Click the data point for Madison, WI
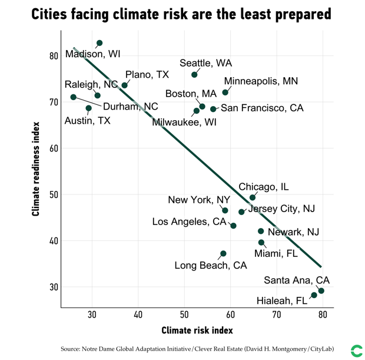click(x=99, y=43)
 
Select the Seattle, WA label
click(x=205, y=63)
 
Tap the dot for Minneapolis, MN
click(x=225, y=93)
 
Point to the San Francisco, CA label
click(x=262, y=108)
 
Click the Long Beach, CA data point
click(x=223, y=254)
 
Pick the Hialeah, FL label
click(x=282, y=301)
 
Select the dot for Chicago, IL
click(x=253, y=198)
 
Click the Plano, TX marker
click(x=125, y=85)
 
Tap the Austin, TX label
click(x=87, y=121)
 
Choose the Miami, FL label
click(x=276, y=254)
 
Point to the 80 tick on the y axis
click(x=54, y=56)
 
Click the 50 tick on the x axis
click(x=184, y=315)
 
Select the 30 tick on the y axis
click(x=54, y=287)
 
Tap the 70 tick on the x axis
click(x=276, y=315)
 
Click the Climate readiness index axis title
click(x=36, y=169)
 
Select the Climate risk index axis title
click(x=197, y=330)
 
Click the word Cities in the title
click(x=54, y=14)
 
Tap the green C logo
click(x=356, y=351)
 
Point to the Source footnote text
click(x=197, y=349)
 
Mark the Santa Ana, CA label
click(x=297, y=280)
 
